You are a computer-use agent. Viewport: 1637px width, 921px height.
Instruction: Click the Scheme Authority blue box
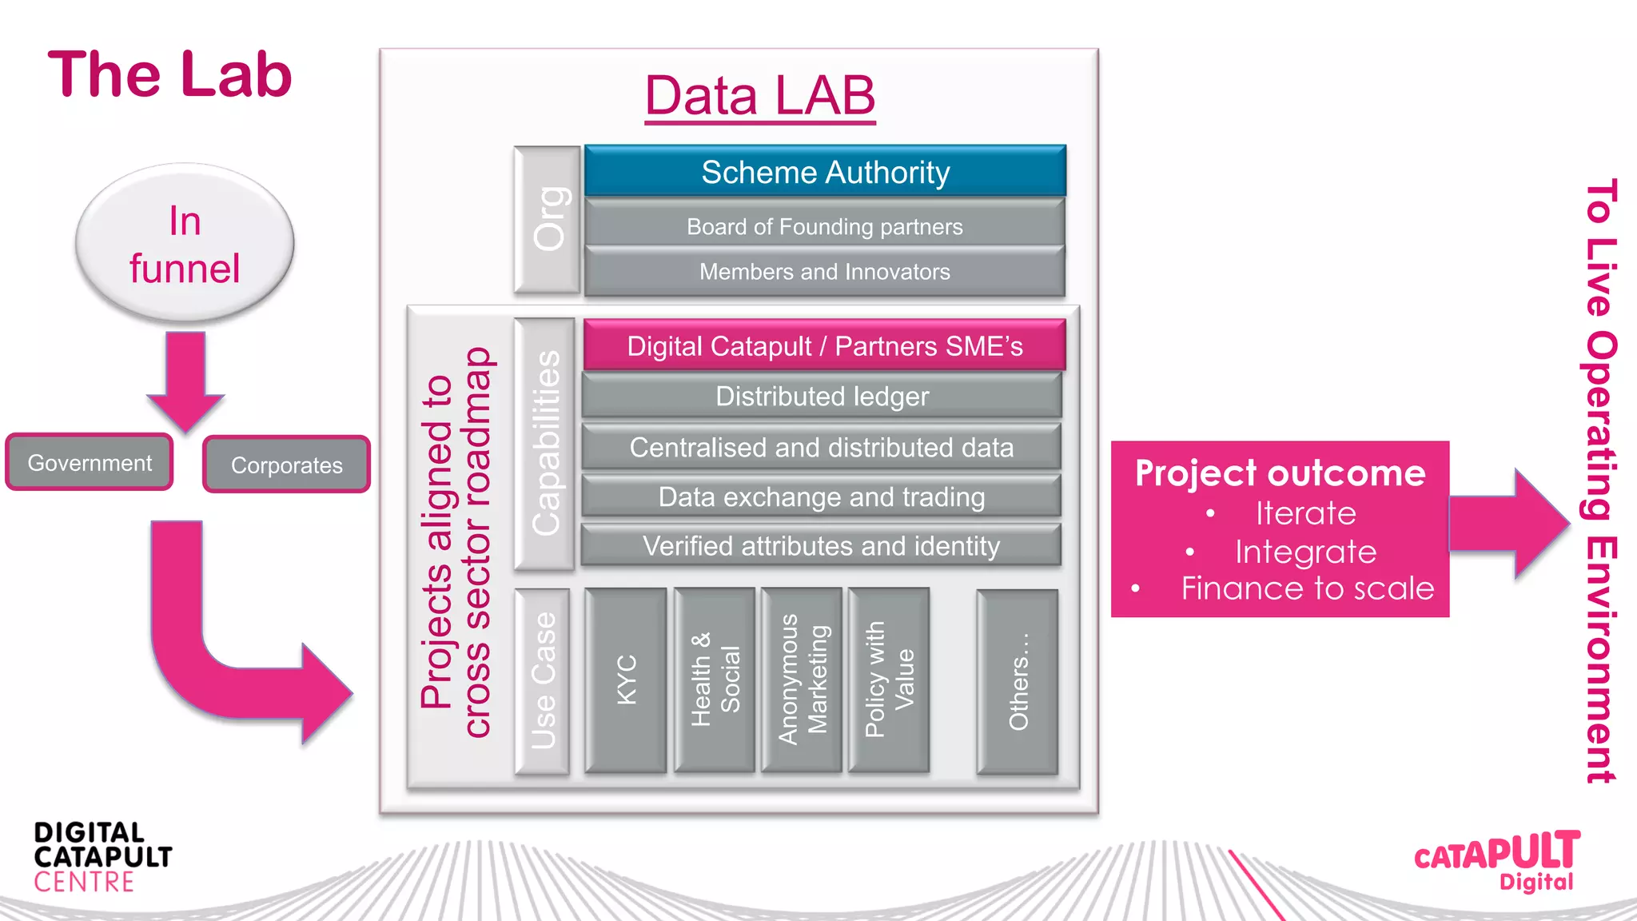(x=825, y=171)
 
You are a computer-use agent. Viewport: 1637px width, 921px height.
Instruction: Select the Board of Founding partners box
(x=825, y=226)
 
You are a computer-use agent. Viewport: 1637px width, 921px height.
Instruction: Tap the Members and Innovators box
(x=825, y=272)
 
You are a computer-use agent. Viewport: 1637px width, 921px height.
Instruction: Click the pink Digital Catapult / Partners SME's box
(x=825, y=345)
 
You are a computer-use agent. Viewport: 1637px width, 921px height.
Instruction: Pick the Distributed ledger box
(x=822, y=397)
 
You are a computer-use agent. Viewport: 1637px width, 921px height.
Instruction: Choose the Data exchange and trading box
(x=822, y=496)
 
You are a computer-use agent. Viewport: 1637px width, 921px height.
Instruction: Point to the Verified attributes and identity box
(x=822, y=546)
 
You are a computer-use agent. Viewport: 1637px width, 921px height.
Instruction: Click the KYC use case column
(x=626, y=680)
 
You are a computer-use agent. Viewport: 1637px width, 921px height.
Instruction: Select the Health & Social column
(x=715, y=680)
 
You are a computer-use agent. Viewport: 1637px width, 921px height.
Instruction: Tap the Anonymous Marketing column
(x=802, y=680)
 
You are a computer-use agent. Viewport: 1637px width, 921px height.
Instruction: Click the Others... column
(x=1018, y=682)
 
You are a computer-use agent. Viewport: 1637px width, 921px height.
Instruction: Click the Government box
(x=90, y=462)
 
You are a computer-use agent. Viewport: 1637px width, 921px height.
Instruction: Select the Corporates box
(x=286, y=464)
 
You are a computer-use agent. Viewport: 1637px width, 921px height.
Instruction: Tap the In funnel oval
(x=185, y=244)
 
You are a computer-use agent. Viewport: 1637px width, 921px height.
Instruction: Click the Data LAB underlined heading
(x=759, y=96)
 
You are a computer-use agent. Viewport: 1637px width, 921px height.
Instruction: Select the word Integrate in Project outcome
(x=1305, y=552)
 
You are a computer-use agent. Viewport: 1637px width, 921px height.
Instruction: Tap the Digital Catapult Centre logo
(x=102, y=857)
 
